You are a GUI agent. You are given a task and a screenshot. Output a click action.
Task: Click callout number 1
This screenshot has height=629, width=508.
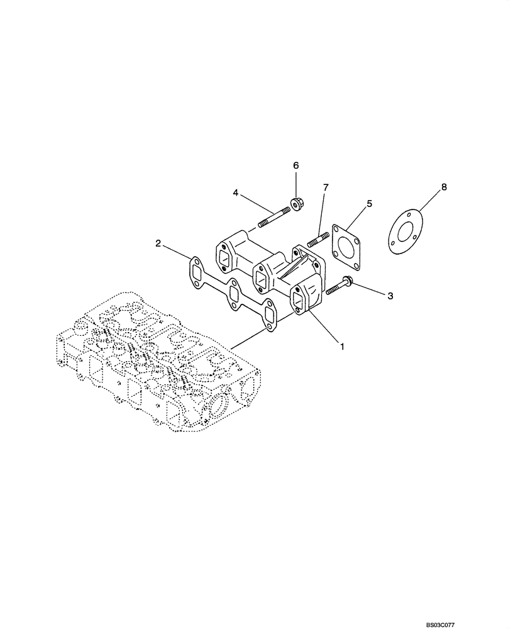pos(341,346)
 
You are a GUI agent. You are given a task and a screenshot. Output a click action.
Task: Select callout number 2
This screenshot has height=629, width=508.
pos(158,243)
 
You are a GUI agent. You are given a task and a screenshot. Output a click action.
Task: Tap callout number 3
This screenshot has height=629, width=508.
pos(390,295)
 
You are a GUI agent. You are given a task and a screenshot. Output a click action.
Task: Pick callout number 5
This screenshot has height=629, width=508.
pos(370,204)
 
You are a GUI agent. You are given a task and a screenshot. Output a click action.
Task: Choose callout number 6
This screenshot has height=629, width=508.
pos(295,165)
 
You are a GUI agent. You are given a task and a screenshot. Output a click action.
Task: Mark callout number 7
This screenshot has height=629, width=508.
pos(326,188)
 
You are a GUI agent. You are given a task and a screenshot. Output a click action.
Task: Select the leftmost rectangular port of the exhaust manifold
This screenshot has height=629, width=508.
pos(223,258)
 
